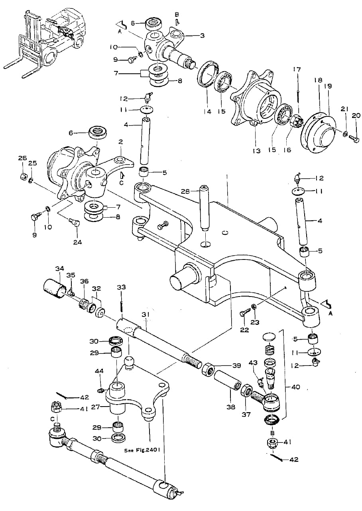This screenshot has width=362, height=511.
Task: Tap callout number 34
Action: (59, 269)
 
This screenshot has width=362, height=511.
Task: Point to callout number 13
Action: (257, 151)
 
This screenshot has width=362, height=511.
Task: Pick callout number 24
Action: (78, 242)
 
